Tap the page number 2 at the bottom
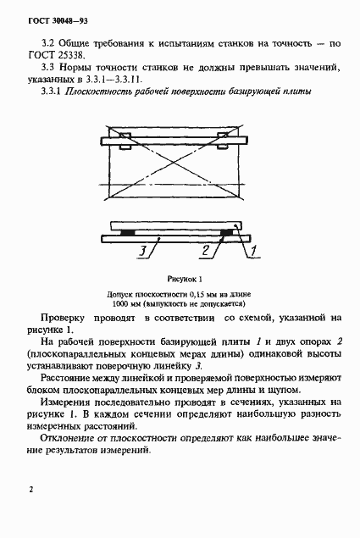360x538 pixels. pos(30,490)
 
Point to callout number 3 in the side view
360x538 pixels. pos(145,250)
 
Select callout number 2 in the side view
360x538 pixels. pos(205,250)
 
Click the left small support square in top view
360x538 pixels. pos(125,147)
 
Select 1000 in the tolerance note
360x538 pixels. pos(121,302)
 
